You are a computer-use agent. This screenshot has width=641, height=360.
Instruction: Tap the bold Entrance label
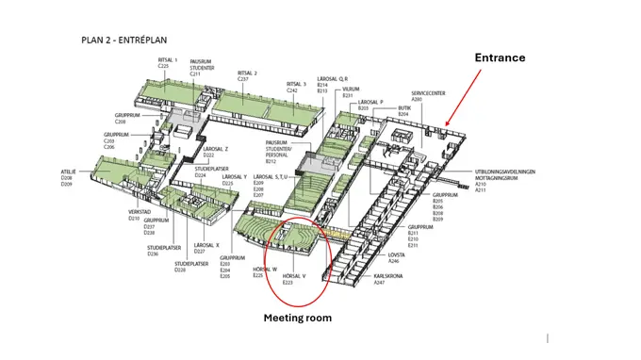[x=500, y=57]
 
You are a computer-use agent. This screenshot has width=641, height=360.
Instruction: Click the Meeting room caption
[x=297, y=318]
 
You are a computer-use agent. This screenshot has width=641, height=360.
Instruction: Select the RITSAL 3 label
[x=297, y=84]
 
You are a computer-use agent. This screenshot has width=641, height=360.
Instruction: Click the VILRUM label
[x=352, y=90]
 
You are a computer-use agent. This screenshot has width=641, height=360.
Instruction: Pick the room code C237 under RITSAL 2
[x=248, y=79]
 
